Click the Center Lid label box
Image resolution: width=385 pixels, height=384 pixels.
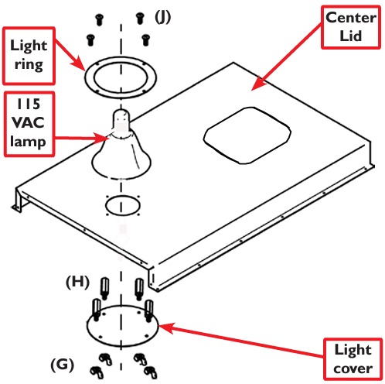[351, 27]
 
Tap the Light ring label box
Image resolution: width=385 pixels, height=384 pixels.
[29, 56]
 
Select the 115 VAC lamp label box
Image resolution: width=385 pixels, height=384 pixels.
[29, 124]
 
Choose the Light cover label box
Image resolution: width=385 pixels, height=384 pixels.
[353, 358]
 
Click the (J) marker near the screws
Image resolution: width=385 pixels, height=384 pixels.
[162, 17]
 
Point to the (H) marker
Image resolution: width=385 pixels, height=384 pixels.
[77, 282]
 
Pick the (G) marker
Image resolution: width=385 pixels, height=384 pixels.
[63, 365]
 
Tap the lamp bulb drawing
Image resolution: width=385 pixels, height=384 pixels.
[121, 145]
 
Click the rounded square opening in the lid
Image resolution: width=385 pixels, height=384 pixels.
[247, 135]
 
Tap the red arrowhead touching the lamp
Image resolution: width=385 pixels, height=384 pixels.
[102, 139]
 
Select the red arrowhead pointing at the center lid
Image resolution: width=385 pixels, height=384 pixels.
[258, 84]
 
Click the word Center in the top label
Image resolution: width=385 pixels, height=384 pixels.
[351, 18]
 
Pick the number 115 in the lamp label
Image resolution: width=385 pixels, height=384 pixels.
[29, 104]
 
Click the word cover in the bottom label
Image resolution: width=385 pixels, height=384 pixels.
[353, 369]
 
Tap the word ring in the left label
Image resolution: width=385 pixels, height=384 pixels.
[29, 64]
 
